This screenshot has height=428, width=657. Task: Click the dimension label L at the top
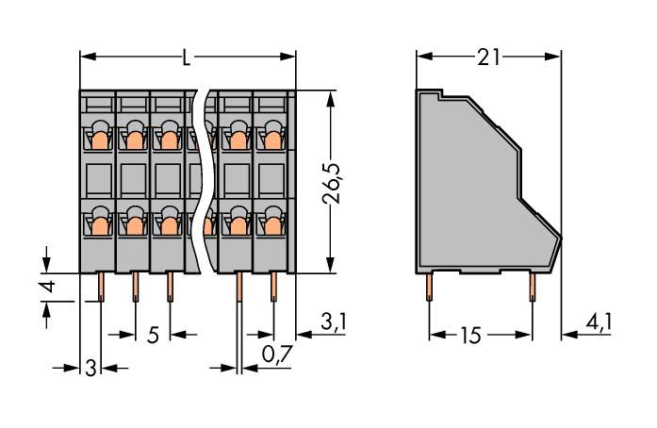tap(187, 58)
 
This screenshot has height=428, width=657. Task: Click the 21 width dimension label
tap(488, 58)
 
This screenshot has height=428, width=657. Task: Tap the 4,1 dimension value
tap(598, 323)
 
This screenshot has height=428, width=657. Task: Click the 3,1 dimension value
tap(333, 323)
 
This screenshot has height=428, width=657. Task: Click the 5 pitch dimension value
tap(152, 335)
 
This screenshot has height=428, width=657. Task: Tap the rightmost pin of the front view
tap(273, 286)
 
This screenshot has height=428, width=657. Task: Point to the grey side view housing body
tap(471, 189)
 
